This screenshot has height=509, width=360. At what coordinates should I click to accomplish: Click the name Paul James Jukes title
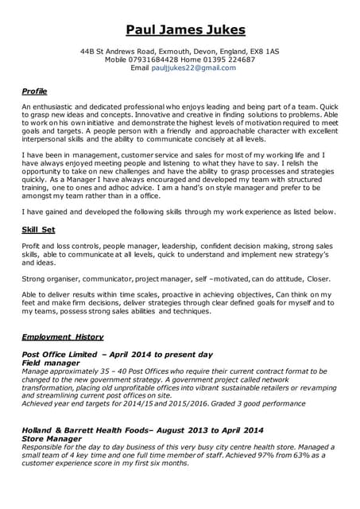(x=180, y=30)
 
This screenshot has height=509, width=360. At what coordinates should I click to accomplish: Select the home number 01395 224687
(x=226, y=59)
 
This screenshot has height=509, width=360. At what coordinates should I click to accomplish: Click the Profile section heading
(x=34, y=91)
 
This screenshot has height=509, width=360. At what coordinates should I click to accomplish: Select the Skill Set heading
(x=38, y=229)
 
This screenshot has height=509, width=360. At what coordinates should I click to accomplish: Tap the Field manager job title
(x=52, y=362)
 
